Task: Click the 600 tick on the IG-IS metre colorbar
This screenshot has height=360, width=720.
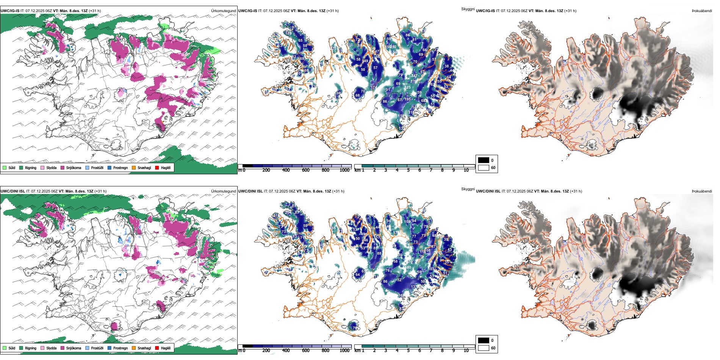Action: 306,170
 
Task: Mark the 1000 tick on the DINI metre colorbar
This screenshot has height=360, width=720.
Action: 344,351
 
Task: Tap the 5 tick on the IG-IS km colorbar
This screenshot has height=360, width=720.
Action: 408,170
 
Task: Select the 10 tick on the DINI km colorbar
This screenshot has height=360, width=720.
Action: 466,351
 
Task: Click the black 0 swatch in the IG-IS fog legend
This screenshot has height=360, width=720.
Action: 484,160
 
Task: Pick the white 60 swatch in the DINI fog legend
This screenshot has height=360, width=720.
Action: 484,348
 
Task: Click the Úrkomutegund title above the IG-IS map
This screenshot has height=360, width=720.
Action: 223,11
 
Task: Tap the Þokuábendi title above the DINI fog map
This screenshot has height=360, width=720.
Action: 702,191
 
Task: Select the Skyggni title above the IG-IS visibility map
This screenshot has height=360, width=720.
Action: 468,9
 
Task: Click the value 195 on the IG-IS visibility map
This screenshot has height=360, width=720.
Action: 407,99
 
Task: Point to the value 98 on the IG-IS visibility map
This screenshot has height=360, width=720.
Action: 338,93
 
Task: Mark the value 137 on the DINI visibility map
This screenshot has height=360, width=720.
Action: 414,287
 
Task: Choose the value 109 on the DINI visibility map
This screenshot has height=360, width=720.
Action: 407,222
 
